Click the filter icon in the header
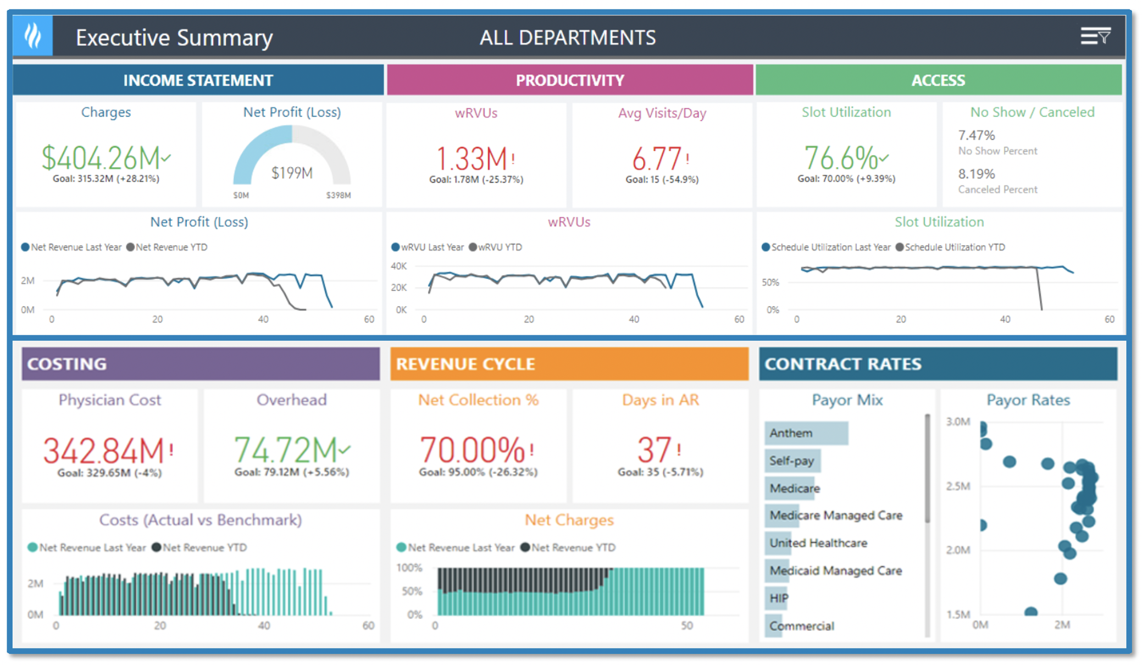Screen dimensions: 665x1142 coord(1095,37)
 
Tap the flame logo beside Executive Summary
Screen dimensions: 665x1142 coord(33,36)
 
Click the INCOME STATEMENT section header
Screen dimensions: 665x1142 coord(198,80)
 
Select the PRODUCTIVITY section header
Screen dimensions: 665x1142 coord(569,80)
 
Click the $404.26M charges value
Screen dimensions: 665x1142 coord(101,158)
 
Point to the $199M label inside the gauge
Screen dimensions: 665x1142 coord(292,173)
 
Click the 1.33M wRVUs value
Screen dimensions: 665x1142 coord(472,159)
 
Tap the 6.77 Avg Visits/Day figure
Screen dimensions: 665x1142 coord(657,159)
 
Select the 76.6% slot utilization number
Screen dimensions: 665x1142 coord(841,158)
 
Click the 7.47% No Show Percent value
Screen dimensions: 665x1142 coord(977,135)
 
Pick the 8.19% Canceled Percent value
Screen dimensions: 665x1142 coord(977,174)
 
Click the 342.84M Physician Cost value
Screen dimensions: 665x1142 coord(104,451)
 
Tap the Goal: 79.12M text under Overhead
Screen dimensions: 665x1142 coord(291,472)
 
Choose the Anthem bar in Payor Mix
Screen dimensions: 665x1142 coord(806,433)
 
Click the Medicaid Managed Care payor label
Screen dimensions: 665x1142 coord(835,570)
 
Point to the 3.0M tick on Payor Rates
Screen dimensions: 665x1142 coord(958,422)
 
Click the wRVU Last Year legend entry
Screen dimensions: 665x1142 coord(428,247)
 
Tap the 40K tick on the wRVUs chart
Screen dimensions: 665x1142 coord(398,266)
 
